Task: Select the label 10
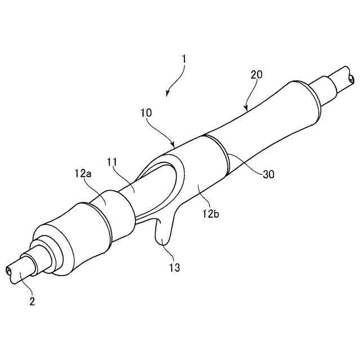146,113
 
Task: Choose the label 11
112,162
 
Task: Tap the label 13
175,267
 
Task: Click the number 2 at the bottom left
32,301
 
